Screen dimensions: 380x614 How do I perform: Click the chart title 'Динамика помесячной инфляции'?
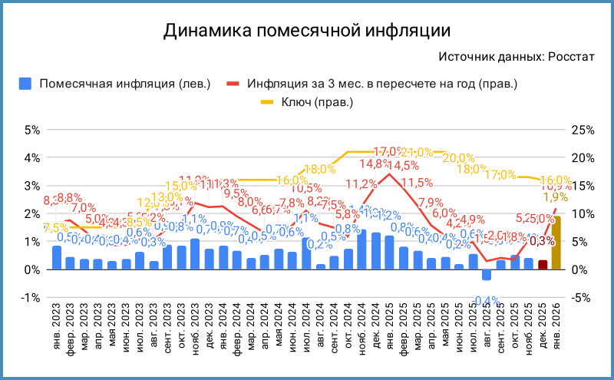pyautogui.click(x=306, y=31)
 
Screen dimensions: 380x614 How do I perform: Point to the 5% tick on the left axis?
pyautogui.click(x=31, y=130)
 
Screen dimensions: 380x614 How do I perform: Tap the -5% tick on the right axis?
pyautogui.click(x=584, y=298)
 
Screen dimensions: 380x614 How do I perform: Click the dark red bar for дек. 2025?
pyautogui.click(x=543, y=265)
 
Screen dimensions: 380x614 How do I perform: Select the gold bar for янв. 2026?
pyautogui.click(x=556, y=243)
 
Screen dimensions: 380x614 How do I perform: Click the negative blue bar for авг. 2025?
pyautogui.click(x=486, y=275)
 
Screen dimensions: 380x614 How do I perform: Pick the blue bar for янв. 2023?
pyautogui.click(x=57, y=257)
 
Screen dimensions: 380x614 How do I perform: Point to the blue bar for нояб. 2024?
pyautogui.click(x=361, y=249)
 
